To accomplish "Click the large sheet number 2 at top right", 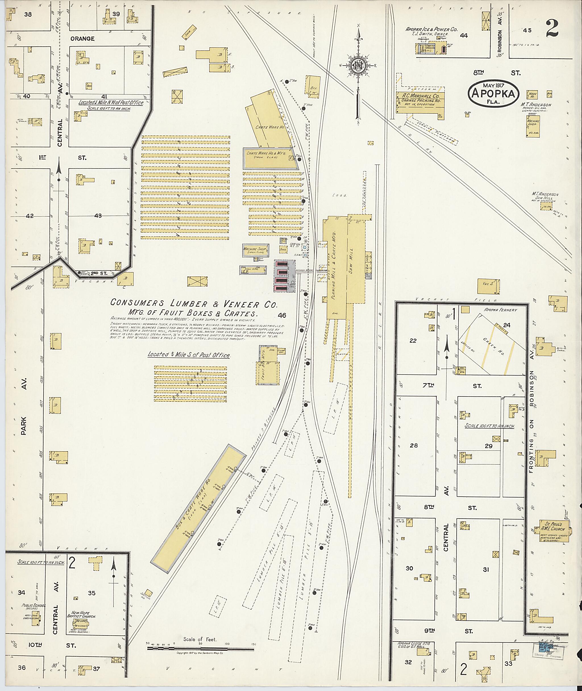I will [552, 29].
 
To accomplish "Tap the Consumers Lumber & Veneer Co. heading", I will [194, 304].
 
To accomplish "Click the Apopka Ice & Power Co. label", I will [431, 29].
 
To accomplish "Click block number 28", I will [414, 445].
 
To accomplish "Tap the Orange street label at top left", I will [82, 39].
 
